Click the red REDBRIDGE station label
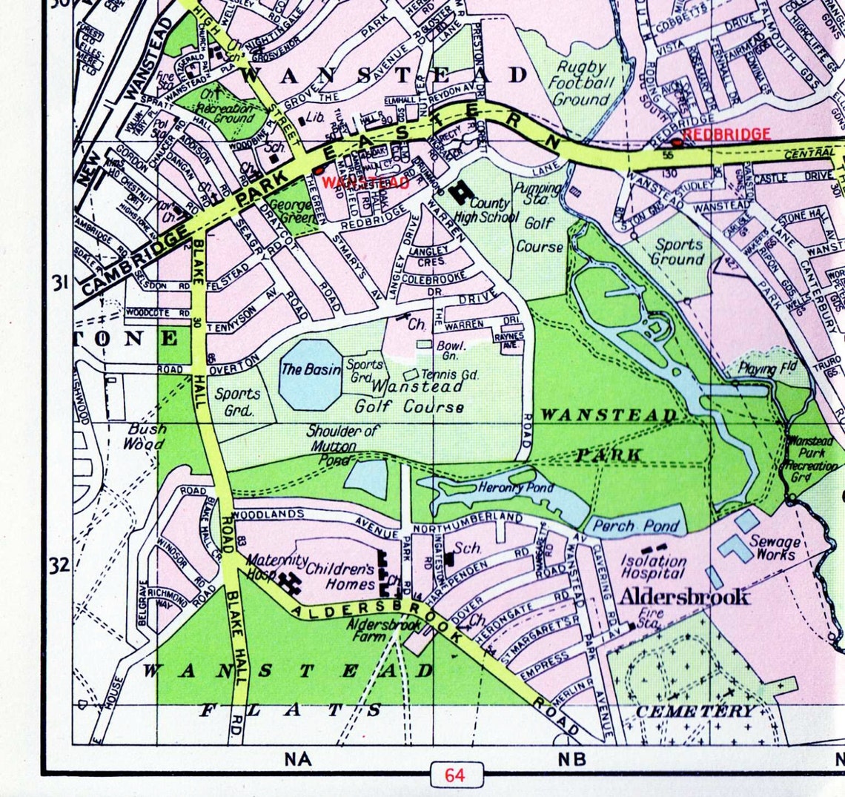(726, 134)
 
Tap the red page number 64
(454, 775)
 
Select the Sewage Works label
(775, 548)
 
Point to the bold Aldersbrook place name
(684, 597)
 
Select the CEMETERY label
(695, 711)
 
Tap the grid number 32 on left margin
(60, 566)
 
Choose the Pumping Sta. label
(538, 194)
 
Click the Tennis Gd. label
(451, 375)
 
